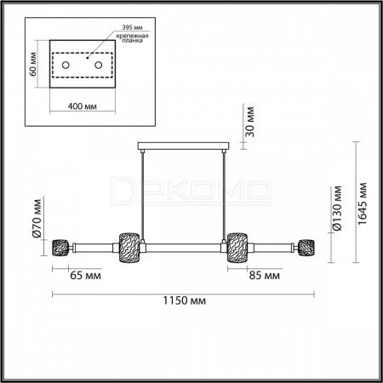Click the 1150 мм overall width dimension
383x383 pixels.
click(x=184, y=300)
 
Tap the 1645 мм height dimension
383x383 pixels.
click(x=362, y=203)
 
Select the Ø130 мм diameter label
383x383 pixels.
click(x=337, y=209)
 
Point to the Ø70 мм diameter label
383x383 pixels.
click(x=37, y=218)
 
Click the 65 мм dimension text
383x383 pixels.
click(x=85, y=275)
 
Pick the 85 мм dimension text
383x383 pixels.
click(x=265, y=275)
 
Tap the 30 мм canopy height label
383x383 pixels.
click(x=249, y=122)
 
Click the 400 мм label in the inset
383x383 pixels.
click(x=83, y=106)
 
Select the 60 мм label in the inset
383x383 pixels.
click(x=33, y=64)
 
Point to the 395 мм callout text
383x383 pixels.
click(x=133, y=27)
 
